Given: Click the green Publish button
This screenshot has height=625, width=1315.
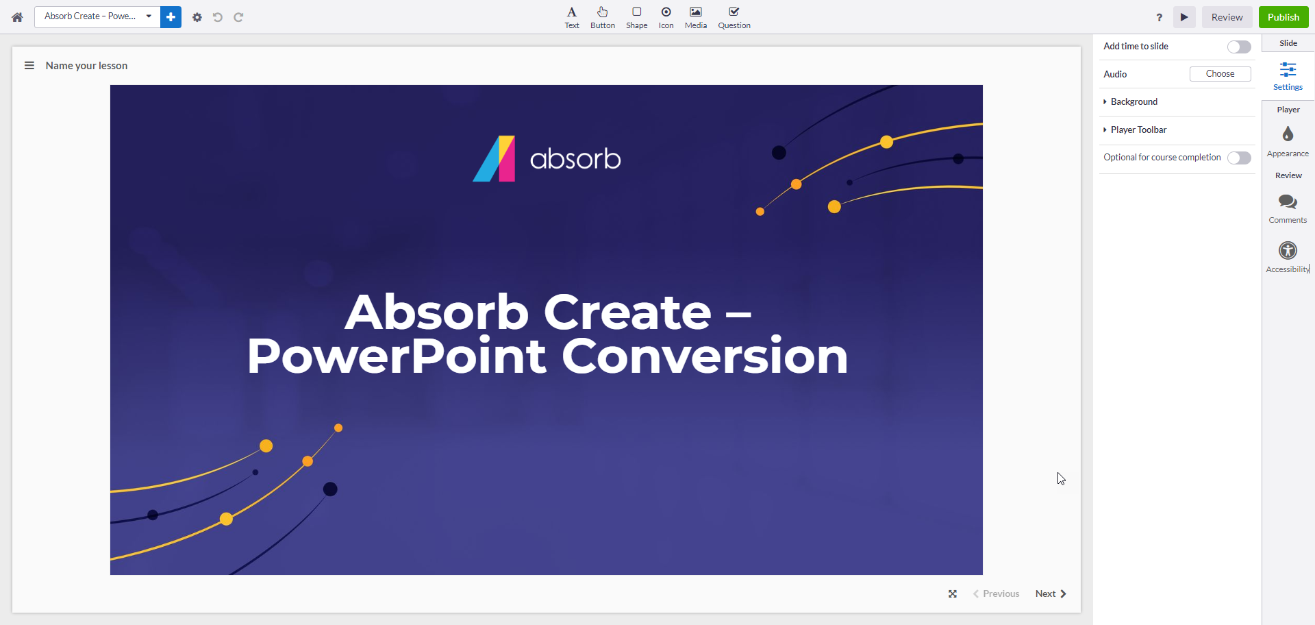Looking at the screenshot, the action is coord(1283,17).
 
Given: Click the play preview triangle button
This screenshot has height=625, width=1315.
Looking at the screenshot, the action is coord(1184,17).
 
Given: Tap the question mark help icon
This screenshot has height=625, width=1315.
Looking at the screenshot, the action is coord(1159,17).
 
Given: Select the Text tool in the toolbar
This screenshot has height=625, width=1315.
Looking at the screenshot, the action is coord(572,17).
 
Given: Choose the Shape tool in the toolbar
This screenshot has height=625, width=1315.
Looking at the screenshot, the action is coord(636,17).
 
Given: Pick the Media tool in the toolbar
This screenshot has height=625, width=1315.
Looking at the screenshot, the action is coord(696,17).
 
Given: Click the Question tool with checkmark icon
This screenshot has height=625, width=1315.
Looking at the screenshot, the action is coord(734,17).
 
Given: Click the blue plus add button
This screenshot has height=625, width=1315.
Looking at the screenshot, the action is coord(171,17).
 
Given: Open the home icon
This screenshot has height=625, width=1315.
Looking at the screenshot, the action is coord(17,17).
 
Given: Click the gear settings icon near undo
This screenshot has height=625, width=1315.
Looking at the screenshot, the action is coord(197,17).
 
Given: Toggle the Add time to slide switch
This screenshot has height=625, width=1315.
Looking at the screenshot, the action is coord(1239,47).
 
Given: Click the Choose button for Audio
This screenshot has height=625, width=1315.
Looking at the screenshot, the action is coord(1220,74).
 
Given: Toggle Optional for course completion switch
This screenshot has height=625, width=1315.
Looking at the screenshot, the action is coord(1239,158).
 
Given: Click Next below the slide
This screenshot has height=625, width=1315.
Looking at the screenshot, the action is coord(1051,593).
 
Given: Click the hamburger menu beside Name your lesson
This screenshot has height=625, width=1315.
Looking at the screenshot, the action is coord(29,66).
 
